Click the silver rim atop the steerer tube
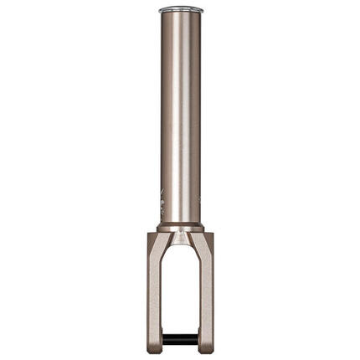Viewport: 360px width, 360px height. (180, 10)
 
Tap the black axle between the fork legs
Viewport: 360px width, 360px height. (180, 339)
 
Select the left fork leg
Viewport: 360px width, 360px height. (154, 293)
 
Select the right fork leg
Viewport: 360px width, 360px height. (206, 293)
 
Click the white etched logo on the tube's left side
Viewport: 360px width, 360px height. (162, 202)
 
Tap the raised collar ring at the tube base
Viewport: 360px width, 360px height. (180, 227)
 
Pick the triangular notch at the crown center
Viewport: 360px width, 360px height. (180, 239)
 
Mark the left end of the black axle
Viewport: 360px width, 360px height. (164, 339)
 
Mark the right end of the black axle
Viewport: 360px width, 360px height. (196, 339)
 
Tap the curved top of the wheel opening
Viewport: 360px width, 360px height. (180, 252)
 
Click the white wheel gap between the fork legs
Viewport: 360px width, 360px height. (180, 293)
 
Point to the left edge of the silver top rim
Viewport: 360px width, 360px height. (159, 10)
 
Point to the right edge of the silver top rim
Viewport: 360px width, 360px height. (202, 10)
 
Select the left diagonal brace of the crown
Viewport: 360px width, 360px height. (167, 243)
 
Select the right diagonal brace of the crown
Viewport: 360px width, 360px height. (193, 243)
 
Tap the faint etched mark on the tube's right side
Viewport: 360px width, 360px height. (198, 202)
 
